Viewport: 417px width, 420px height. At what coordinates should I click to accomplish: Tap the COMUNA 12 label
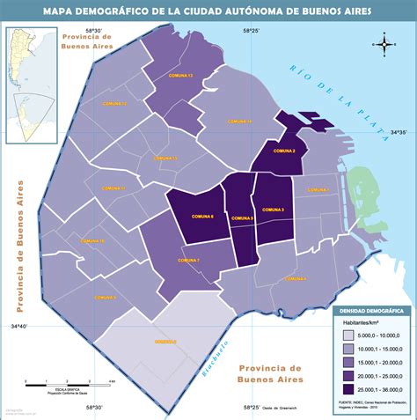tap(115, 104)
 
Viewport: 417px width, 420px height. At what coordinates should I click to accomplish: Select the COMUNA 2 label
tap(284, 151)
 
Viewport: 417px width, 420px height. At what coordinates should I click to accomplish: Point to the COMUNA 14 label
tap(238, 121)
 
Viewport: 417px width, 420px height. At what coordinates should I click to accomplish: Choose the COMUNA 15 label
tap(165, 158)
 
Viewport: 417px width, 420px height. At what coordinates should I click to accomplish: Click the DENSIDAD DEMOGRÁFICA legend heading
tap(371, 312)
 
